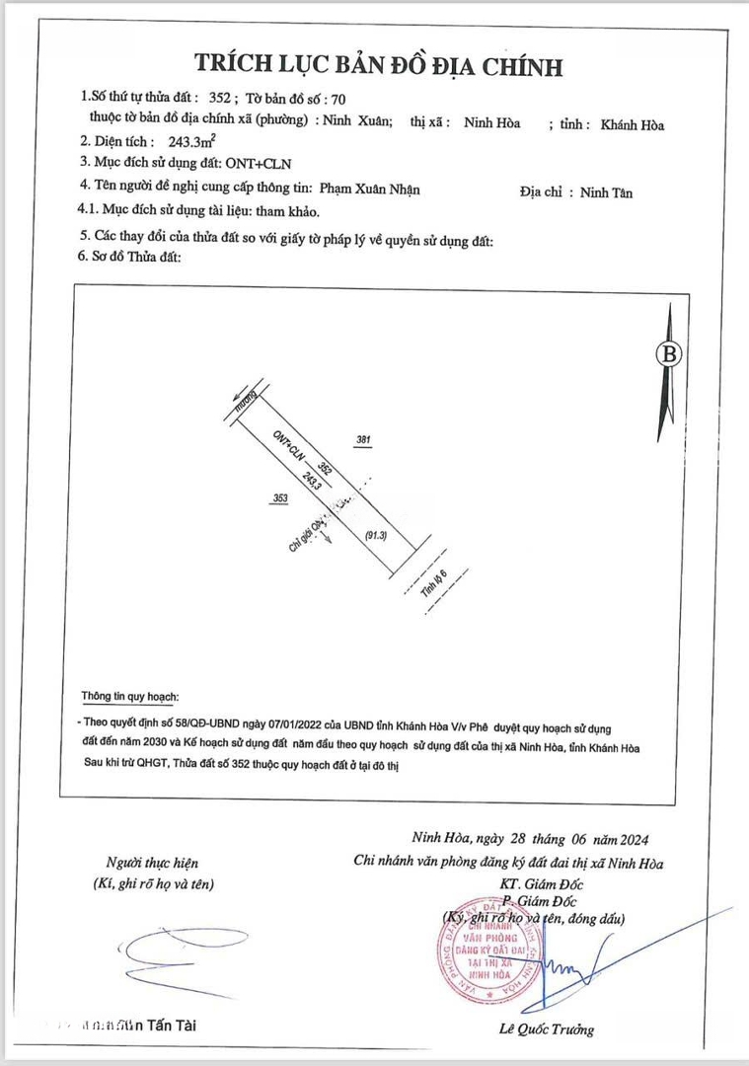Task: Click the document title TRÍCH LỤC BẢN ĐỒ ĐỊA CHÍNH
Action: [x=378, y=66]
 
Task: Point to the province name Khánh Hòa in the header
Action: [x=632, y=125]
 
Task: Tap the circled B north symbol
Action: [x=670, y=353]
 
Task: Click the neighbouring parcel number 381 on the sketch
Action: [x=362, y=441]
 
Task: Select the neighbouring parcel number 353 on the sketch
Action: [x=279, y=499]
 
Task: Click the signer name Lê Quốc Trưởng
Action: [x=547, y=1029]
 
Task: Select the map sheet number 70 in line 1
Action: [x=337, y=99]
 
